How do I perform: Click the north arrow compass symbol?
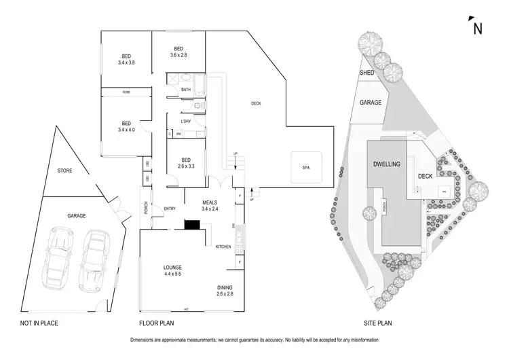(x=477, y=26)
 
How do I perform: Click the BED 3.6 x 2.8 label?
(x=178, y=52)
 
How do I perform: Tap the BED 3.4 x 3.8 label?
(x=126, y=60)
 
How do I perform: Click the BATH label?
(x=186, y=89)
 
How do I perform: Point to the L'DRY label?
(x=185, y=122)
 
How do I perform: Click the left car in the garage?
(x=56, y=262)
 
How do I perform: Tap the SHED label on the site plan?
(x=367, y=73)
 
